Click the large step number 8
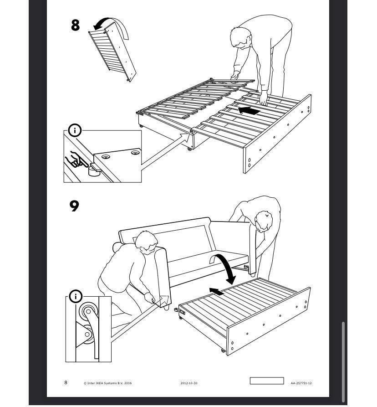click(75, 25)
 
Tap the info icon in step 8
click(75, 130)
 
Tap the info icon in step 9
click(76, 296)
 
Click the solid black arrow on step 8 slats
click(249, 111)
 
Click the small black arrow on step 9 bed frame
click(217, 291)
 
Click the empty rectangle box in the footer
click(267, 381)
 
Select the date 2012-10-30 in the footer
click(189, 383)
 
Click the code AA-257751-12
click(301, 383)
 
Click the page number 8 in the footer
click(66, 382)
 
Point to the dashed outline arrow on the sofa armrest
click(164, 300)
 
